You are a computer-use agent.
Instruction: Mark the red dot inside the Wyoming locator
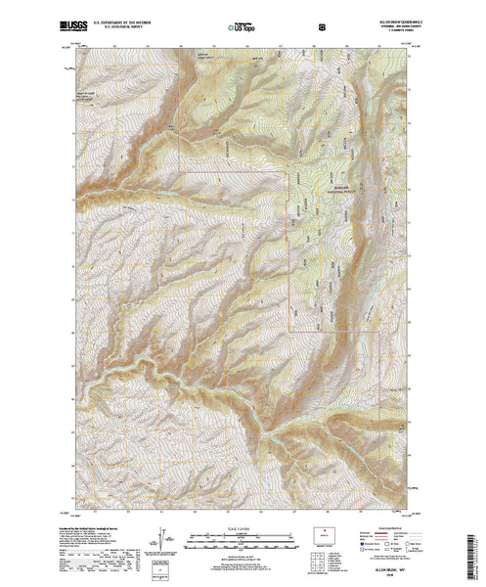click(x=324, y=533)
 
